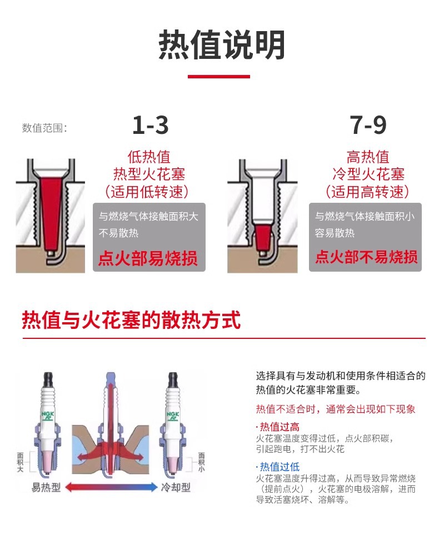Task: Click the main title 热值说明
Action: point(221,45)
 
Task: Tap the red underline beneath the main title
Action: point(219,76)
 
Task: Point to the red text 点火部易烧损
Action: point(148,258)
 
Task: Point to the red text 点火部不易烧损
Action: point(367,257)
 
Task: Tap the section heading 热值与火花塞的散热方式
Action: point(131,320)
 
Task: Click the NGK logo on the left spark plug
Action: point(48,416)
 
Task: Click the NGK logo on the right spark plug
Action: point(173,416)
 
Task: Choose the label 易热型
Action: point(46,487)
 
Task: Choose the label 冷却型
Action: point(176,487)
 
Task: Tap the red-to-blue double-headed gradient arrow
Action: point(111,487)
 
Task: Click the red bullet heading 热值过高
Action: point(278,427)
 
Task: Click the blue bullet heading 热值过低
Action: point(278,467)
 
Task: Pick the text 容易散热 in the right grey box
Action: point(335,233)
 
